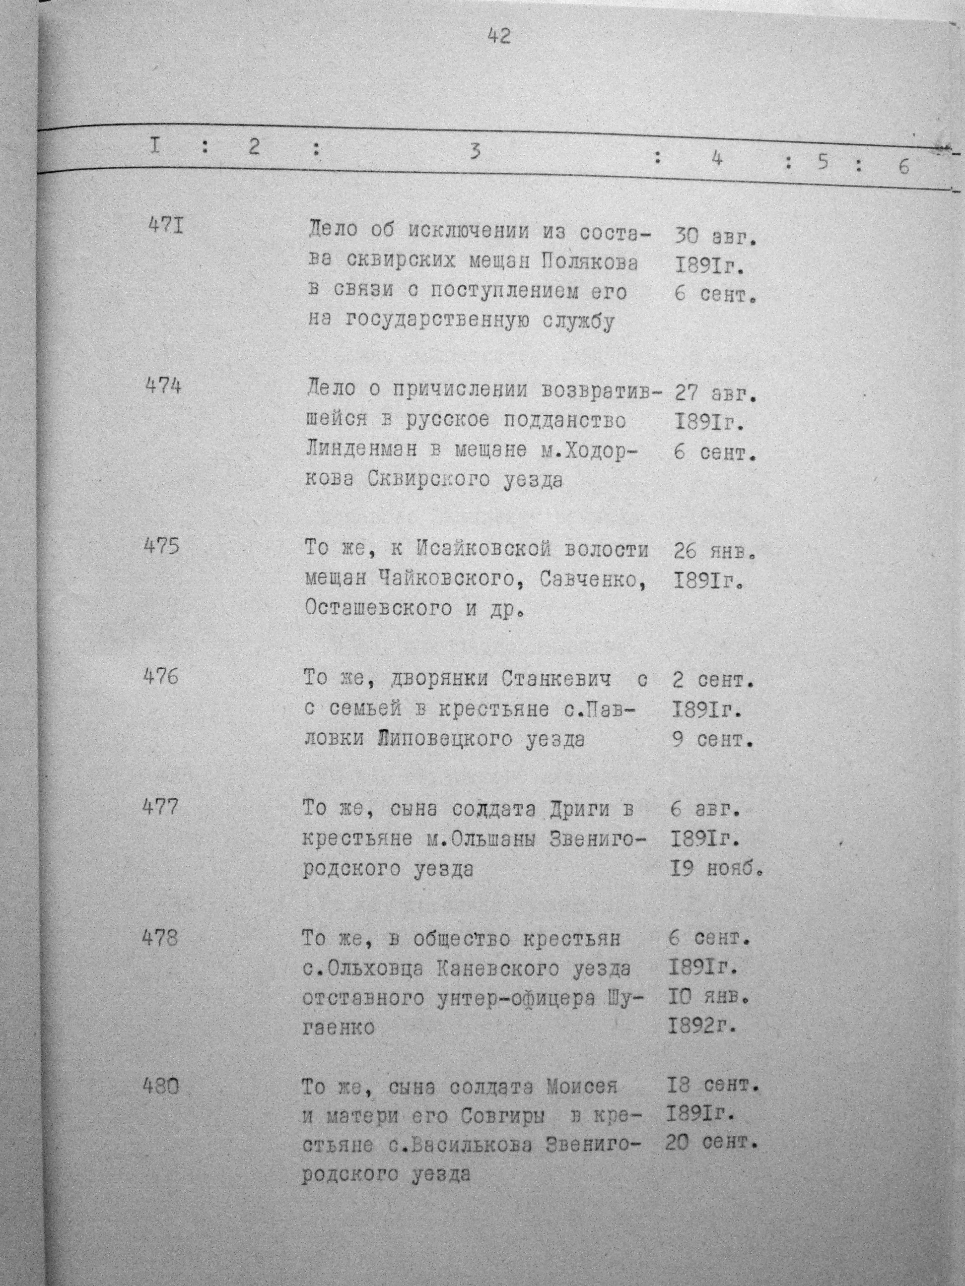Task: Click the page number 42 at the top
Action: pyautogui.click(x=499, y=37)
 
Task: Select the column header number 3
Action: pyautogui.click(x=475, y=151)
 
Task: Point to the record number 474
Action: pyautogui.click(x=163, y=386)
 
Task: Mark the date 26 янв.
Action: pyautogui.click(x=714, y=551)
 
